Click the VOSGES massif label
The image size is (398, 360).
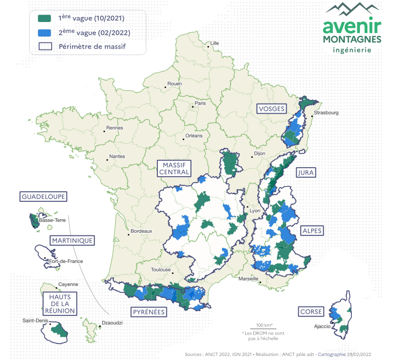point(271,109)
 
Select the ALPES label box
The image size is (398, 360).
point(311,231)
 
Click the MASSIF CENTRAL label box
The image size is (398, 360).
point(174,168)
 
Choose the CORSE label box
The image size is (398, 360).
point(311,311)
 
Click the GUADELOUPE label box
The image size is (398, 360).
point(44,197)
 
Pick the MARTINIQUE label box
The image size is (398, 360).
point(72,240)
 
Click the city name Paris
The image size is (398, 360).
point(200,104)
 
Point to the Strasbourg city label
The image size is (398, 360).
point(326,113)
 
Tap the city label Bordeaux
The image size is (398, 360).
point(141,231)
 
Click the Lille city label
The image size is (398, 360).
point(215,43)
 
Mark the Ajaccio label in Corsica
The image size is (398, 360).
point(322,326)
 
